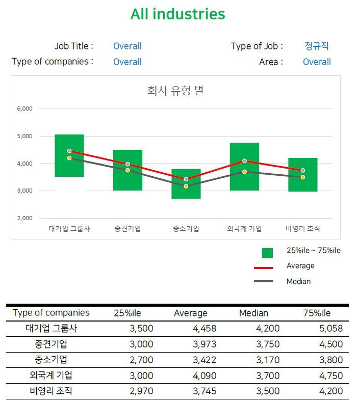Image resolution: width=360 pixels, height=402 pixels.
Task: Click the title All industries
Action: [x=177, y=14]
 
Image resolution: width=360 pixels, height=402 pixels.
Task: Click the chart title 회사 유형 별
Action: [x=175, y=91]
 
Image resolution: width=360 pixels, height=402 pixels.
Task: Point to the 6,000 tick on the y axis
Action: [x=24, y=109]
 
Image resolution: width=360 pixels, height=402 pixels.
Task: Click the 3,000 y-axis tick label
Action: [x=24, y=191]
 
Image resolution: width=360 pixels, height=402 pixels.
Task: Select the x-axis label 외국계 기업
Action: [x=244, y=229]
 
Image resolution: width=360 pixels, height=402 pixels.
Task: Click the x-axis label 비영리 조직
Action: [x=302, y=229]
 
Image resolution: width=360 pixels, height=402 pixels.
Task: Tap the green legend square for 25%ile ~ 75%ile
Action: [x=267, y=252]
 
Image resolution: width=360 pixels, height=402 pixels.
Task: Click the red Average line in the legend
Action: [x=264, y=267]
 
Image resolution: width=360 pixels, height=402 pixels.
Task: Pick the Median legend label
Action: [x=298, y=281]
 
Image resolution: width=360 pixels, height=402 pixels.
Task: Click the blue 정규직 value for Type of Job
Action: [x=317, y=46]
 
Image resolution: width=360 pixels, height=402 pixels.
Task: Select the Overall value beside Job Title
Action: [x=127, y=46]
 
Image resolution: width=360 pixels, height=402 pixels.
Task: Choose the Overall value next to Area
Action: [x=317, y=62]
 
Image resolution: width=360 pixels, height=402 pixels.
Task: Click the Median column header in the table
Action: [x=253, y=313]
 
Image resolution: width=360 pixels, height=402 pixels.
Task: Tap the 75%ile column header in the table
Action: [x=317, y=313]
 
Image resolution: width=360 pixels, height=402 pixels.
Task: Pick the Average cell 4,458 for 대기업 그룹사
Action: [x=204, y=329]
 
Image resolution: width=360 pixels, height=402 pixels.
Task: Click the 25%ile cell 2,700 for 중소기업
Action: [x=141, y=360]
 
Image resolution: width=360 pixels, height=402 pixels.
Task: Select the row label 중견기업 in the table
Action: [x=51, y=344]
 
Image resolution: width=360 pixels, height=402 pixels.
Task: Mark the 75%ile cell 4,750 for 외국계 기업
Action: [x=330, y=376]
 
